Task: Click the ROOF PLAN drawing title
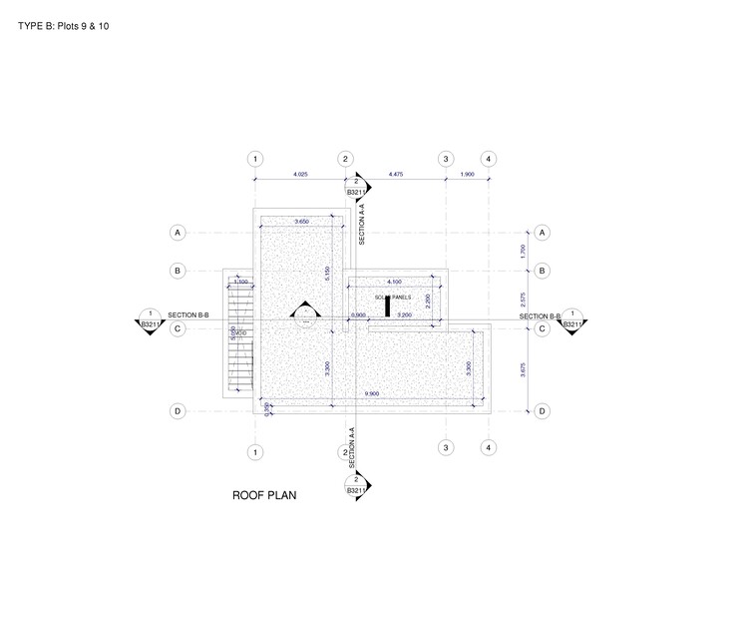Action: (x=264, y=494)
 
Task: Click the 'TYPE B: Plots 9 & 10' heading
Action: (x=64, y=25)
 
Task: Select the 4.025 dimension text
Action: (x=300, y=175)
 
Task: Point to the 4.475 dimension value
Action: (x=395, y=175)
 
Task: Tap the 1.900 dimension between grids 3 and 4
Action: (x=467, y=175)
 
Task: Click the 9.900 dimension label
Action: (x=372, y=393)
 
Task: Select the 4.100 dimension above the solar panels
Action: (x=394, y=282)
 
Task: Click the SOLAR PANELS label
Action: (x=392, y=298)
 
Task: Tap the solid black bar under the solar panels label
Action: (x=386, y=307)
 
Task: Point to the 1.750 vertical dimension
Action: (x=524, y=252)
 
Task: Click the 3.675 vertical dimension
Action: (x=524, y=369)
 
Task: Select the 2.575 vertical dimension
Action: (x=524, y=299)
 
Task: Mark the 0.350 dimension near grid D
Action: (x=267, y=406)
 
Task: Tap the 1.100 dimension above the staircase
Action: (x=240, y=283)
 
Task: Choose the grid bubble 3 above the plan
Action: (x=446, y=159)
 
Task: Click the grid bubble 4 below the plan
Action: (x=488, y=448)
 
